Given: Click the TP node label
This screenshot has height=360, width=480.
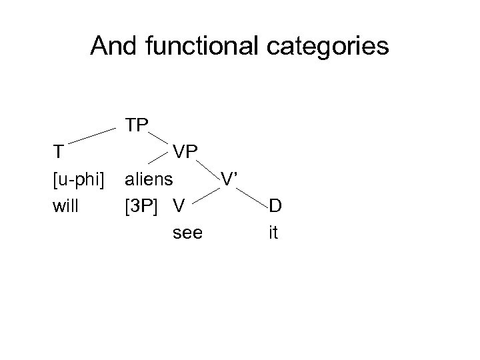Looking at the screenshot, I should tap(137, 125).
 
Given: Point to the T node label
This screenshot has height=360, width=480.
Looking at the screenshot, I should tap(59, 151).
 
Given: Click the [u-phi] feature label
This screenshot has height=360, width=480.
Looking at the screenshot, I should tap(79, 179).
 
